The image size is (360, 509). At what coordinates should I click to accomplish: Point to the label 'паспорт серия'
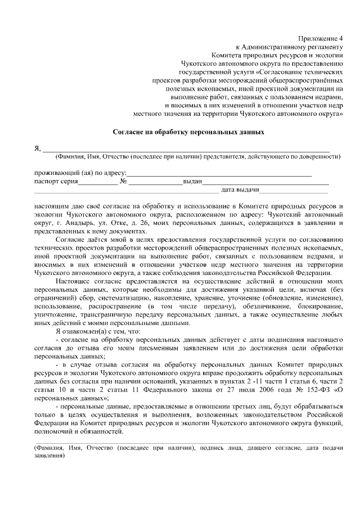point(55,182)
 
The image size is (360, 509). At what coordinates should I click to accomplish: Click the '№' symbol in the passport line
point(123,182)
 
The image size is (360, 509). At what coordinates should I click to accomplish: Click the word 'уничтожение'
point(56,314)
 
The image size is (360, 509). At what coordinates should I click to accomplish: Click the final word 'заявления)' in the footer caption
point(49,456)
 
